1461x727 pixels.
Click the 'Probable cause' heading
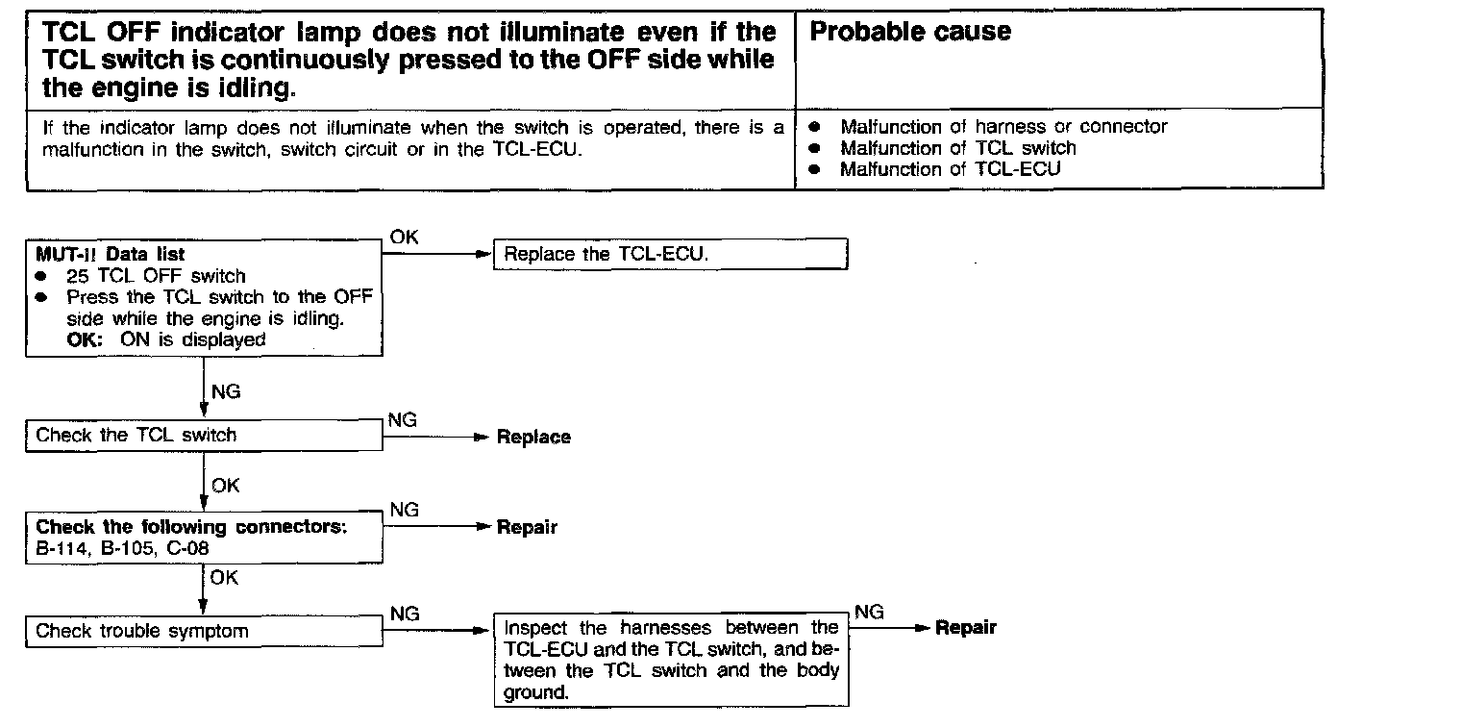[x=910, y=32]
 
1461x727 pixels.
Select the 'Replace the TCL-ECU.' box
[x=669, y=255]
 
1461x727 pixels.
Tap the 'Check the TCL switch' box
[x=204, y=436]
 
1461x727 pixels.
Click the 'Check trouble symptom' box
[x=204, y=632]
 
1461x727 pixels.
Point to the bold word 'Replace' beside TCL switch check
[x=533, y=438]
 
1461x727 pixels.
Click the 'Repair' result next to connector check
[x=527, y=528]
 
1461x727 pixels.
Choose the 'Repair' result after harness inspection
[x=966, y=628]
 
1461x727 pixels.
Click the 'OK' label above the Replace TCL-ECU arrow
[x=405, y=238]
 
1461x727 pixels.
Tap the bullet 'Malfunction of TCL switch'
[x=957, y=148]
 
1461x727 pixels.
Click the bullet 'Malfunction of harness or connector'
[x=1003, y=127]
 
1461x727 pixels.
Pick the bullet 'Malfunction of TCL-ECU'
[x=950, y=170]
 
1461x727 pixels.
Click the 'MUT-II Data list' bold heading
[x=111, y=255]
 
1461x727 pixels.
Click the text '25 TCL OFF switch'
[x=156, y=276]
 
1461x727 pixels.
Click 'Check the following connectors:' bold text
[x=190, y=527]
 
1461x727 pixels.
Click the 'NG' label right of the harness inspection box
[x=869, y=613]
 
